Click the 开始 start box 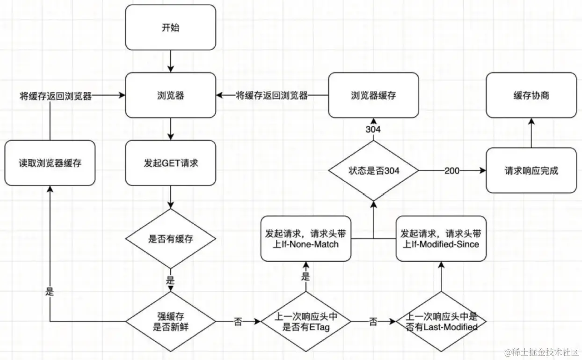[170, 27]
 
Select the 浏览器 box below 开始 [170, 95]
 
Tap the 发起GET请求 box [170, 163]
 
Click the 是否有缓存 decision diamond [170, 239]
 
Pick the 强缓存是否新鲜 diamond [170, 322]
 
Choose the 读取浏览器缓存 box [50, 163]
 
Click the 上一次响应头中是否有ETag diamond [306, 322]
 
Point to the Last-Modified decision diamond [441, 322]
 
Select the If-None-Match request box [306, 239]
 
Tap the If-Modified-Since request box [441, 239]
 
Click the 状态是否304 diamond [373, 170]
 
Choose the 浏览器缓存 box [373, 95]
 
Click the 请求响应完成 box [531, 170]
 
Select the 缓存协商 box [531, 95]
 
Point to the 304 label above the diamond [373, 129]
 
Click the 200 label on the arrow [452, 171]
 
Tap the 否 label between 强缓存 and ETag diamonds [238, 322]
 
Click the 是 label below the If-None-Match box [306, 276]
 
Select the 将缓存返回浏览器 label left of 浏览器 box [56, 96]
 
